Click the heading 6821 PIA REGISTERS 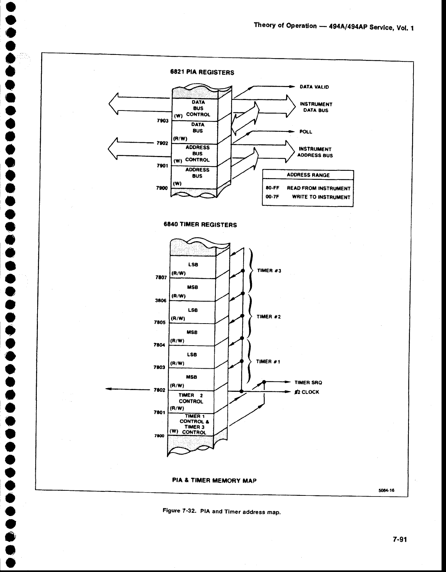(x=202, y=72)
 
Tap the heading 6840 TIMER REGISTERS (x=200, y=225)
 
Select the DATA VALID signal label (x=314, y=87)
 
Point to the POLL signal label (x=306, y=132)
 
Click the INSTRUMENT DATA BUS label (x=316, y=107)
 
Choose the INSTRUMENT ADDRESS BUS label (x=315, y=152)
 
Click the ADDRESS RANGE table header (x=308, y=175)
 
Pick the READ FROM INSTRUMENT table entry (x=319, y=188)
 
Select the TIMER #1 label (x=268, y=361)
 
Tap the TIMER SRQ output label (x=308, y=382)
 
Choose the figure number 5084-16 (x=386, y=490)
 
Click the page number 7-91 (x=400, y=539)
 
